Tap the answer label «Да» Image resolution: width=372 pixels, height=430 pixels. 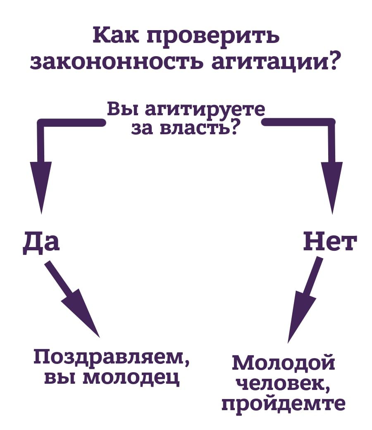coord(41,242)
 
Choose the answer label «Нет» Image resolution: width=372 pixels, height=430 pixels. coord(329,242)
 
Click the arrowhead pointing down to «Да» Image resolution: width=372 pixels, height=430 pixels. coord(41,186)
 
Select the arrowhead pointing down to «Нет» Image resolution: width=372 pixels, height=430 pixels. coord(332,186)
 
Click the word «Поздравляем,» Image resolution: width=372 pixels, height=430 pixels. coord(112,358)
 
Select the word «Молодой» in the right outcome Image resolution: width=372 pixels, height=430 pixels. coord(283,363)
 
